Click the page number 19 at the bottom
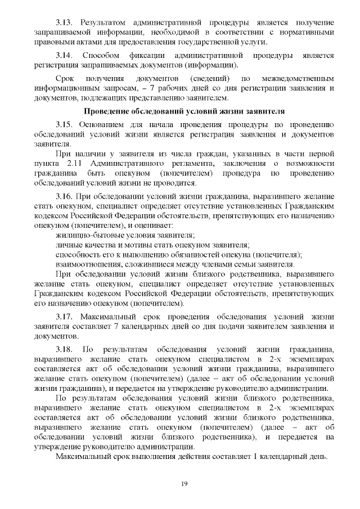(183, 484)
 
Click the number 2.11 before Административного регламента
(75, 163)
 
